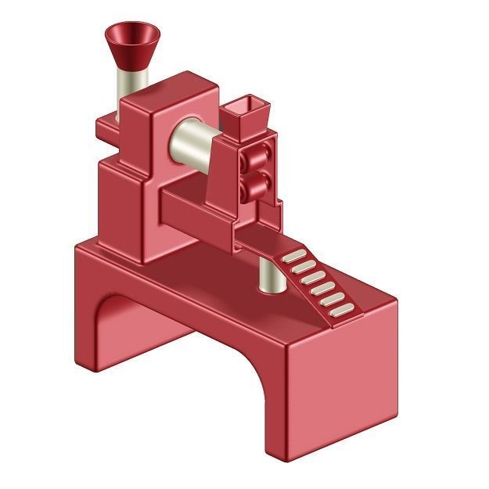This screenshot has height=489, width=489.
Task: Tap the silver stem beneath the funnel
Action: tap(128, 86)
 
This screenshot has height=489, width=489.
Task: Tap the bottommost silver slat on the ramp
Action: tap(343, 311)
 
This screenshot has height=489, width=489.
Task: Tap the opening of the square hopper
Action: tap(243, 104)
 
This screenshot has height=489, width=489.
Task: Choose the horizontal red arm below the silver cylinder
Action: tap(196, 211)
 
